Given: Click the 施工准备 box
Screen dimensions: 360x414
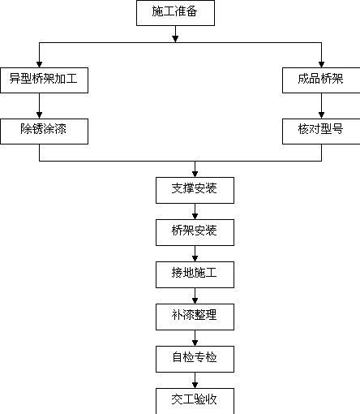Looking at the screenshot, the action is pyautogui.click(x=175, y=13).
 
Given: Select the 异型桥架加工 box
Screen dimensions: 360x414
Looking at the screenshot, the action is pyautogui.click(x=44, y=80).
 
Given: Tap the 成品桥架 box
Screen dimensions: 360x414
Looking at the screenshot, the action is pyautogui.click(x=321, y=80).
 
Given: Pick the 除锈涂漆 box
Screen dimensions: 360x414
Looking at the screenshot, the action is pyautogui.click(x=44, y=132).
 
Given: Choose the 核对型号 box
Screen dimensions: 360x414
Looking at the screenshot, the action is pyautogui.click(x=321, y=132).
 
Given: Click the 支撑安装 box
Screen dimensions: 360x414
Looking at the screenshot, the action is pyautogui.click(x=195, y=190).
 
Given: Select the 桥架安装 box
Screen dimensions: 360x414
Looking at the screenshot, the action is pyautogui.click(x=195, y=232).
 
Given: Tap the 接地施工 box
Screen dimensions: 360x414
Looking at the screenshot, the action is pyautogui.click(x=195, y=274).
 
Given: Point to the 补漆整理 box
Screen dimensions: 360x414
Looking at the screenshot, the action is pyautogui.click(x=195, y=317).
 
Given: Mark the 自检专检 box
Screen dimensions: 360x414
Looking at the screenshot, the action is pyautogui.click(x=195, y=359).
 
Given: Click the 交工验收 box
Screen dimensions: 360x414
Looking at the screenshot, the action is pyautogui.click(x=195, y=401).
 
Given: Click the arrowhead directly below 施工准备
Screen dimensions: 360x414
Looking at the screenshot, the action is pyautogui.click(x=175, y=39).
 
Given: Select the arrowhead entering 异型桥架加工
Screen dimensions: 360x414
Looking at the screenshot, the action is pyautogui.click(x=39, y=64).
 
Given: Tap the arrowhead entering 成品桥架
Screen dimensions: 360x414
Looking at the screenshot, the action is pyautogui.click(x=321, y=64).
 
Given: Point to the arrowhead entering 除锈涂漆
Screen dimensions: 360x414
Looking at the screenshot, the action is pyautogui.click(x=39, y=115).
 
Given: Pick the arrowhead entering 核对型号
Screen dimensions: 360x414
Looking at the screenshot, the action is pyautogui.click(x=321, y=115).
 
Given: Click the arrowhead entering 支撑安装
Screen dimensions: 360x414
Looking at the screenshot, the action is pyautogui.click(x=195, y=174).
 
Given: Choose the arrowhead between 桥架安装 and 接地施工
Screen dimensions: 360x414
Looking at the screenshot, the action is pyautogui.click(x=195, y=258).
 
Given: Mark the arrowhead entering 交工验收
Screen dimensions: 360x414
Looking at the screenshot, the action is pyautogui.click(x=195, y=385).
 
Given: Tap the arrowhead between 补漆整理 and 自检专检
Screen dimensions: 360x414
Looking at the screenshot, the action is pyautogui.click(x=195, y=343).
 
